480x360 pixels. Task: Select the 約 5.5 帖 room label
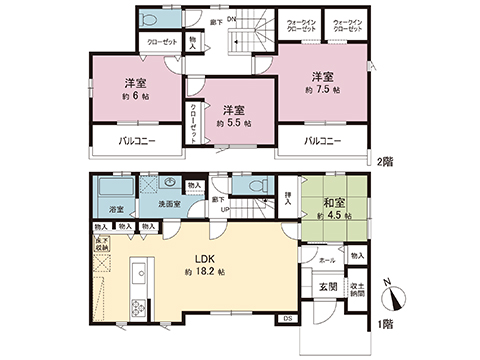coord(233,123)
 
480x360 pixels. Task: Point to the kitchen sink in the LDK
coord(139,273)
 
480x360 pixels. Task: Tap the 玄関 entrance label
coord(327,287)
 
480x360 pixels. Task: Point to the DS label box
coord(288,318)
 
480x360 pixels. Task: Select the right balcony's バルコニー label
coord(323,142)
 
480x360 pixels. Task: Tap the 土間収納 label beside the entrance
coord(357,289)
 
